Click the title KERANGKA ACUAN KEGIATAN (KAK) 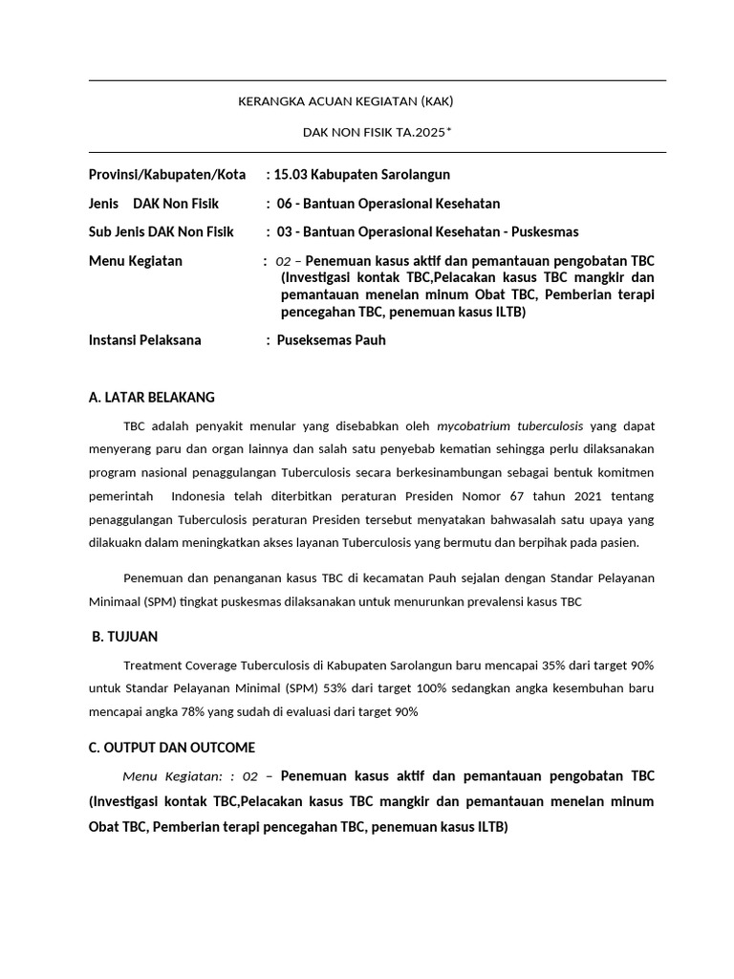click(x=353, y=101)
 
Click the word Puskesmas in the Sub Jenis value click(x=546, y=232)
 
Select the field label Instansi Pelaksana click(x=145, y=340)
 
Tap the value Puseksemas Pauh click(x=331, y=340)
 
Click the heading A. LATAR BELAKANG click(x=152, y=397)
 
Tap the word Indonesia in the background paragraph click(x=198, y=495)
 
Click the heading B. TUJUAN click(x=125, y=637)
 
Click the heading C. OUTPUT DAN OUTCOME click(x=172, y=748)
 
